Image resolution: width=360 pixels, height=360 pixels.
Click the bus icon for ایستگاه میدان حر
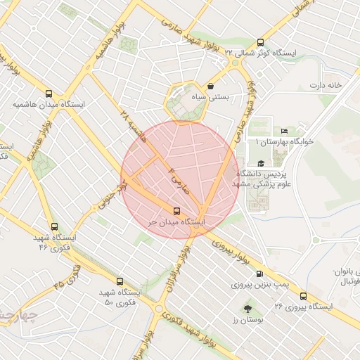pos(176,211)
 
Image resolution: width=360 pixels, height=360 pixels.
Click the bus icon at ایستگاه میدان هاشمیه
pos(49,94)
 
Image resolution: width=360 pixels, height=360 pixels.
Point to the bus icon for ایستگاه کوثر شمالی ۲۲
pos(262,42)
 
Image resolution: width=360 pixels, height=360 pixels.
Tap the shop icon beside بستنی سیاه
pos(211,86)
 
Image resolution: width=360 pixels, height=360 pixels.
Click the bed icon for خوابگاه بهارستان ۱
pos(284,131)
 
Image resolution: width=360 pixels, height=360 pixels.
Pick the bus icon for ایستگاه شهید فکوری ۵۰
pos(120,281)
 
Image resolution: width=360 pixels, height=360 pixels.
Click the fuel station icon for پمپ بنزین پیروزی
pos(260,274)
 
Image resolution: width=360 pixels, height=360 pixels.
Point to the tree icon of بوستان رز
pos(247,309)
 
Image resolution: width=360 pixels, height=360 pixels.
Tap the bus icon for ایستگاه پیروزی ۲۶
pos(304,296)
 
